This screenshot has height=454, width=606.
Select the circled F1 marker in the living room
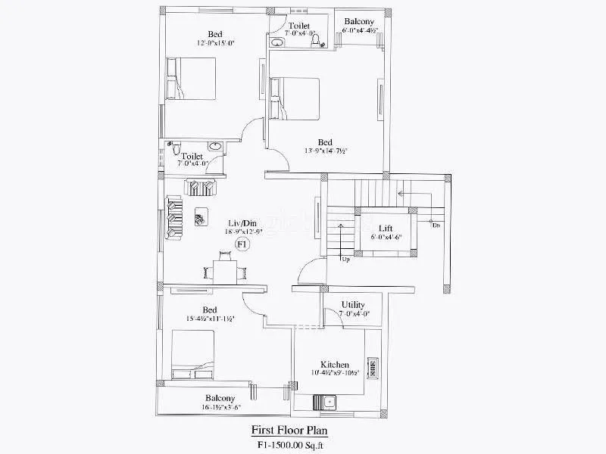point(242,244)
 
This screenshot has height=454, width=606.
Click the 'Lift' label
point(386,227)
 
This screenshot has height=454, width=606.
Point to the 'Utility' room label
point(353,304)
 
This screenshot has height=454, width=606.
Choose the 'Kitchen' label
point(334,365)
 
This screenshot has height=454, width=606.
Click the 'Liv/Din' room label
point(242,222)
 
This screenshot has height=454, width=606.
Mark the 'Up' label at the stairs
point(345,260)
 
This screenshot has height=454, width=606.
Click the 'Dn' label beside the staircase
point(436,225)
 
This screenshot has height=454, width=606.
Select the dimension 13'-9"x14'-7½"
point(325,151)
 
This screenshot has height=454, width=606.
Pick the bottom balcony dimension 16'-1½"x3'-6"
point(220,407)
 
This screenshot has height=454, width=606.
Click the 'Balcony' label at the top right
point(358,21)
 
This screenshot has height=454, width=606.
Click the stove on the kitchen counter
point(372,368)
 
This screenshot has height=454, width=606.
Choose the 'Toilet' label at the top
point(298,25)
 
